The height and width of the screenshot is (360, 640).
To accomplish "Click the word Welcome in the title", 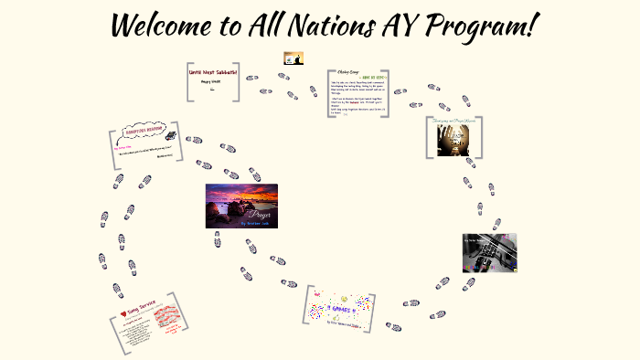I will (164, 26).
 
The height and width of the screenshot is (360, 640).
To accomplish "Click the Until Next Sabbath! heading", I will (212, 72).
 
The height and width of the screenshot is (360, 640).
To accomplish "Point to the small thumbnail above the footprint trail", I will (293, 58).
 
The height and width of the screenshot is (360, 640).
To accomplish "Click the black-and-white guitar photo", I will (489, 252).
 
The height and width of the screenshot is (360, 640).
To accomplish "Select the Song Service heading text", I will (144, 310).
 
